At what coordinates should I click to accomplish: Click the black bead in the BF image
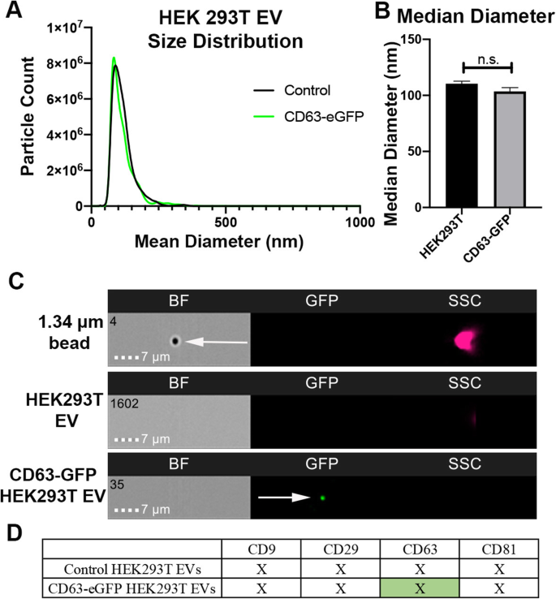174,342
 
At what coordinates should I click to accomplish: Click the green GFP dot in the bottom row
322,498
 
